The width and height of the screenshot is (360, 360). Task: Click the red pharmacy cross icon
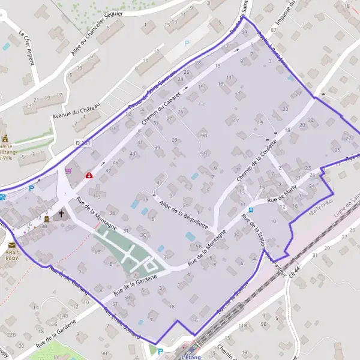tap(89, 175)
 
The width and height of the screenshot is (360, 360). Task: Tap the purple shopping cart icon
tap(68, 170)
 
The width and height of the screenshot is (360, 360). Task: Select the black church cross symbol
tap(61, 213)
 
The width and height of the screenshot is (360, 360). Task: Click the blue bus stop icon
tap(251, 210)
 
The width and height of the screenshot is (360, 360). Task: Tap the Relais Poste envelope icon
tap(12, 245)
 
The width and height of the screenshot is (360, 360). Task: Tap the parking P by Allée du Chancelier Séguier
tap(187, 43)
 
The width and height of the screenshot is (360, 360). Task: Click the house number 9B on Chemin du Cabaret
tap(204, 136)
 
